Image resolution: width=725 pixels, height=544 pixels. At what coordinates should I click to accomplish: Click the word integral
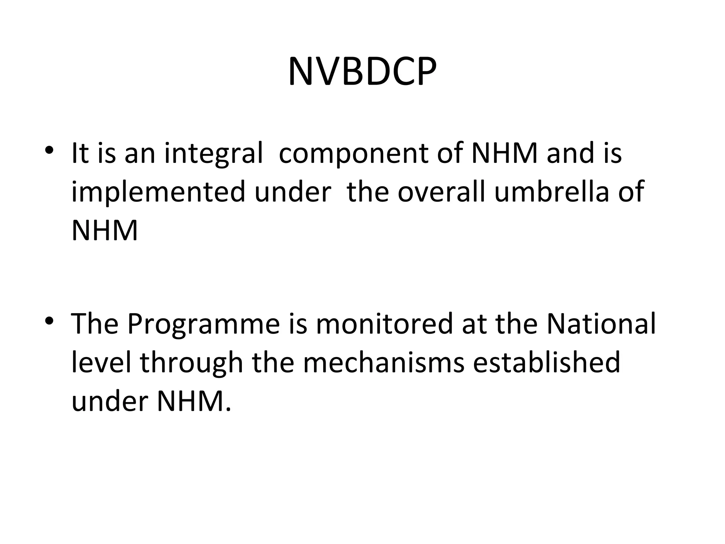(213, 154)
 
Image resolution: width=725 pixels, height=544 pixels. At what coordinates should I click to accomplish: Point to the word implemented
(158, 192)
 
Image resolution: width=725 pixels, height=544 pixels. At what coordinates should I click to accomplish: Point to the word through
(192, 363)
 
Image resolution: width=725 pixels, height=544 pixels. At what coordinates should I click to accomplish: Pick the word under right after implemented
(293, 192)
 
